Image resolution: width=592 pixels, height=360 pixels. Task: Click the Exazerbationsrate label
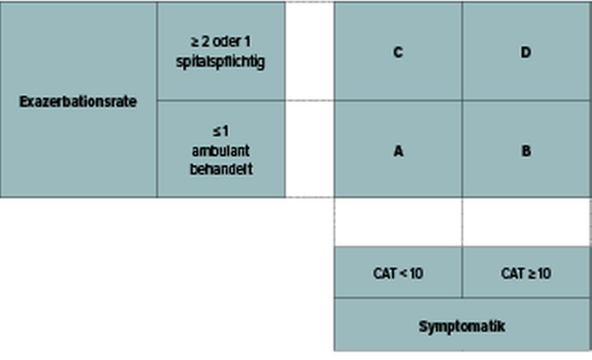click(78, 102)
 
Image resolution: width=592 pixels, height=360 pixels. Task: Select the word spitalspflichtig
click(220, 62)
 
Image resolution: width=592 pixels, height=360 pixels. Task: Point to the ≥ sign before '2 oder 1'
click(195, 42)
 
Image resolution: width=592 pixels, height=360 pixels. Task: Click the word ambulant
click(221, 151)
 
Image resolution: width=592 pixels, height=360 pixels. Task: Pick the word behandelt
click(221, 169)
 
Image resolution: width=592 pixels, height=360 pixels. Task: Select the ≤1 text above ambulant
click(221, 131)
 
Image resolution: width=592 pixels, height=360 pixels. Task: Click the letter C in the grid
click(398, 52)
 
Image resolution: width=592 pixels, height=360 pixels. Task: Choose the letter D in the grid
click(526, 52)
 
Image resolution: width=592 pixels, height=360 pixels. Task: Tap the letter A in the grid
click(398, 151)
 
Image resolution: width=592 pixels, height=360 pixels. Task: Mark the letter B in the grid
click(526, 151)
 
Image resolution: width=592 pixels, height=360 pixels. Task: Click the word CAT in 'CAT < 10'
click(384, 273)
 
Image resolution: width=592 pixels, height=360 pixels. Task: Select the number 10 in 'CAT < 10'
click(416, 273)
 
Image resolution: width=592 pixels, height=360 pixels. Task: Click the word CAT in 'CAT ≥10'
click(513, 273)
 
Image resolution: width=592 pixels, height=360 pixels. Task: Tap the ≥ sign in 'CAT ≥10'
click(532, 273)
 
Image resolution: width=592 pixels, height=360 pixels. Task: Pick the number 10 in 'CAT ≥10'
click(544, 273)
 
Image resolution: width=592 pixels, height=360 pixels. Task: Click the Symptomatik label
click(462, 326)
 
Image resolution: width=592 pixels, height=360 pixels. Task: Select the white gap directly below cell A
click(398, 222)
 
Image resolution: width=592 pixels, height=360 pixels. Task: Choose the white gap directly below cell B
click(526, 222)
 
